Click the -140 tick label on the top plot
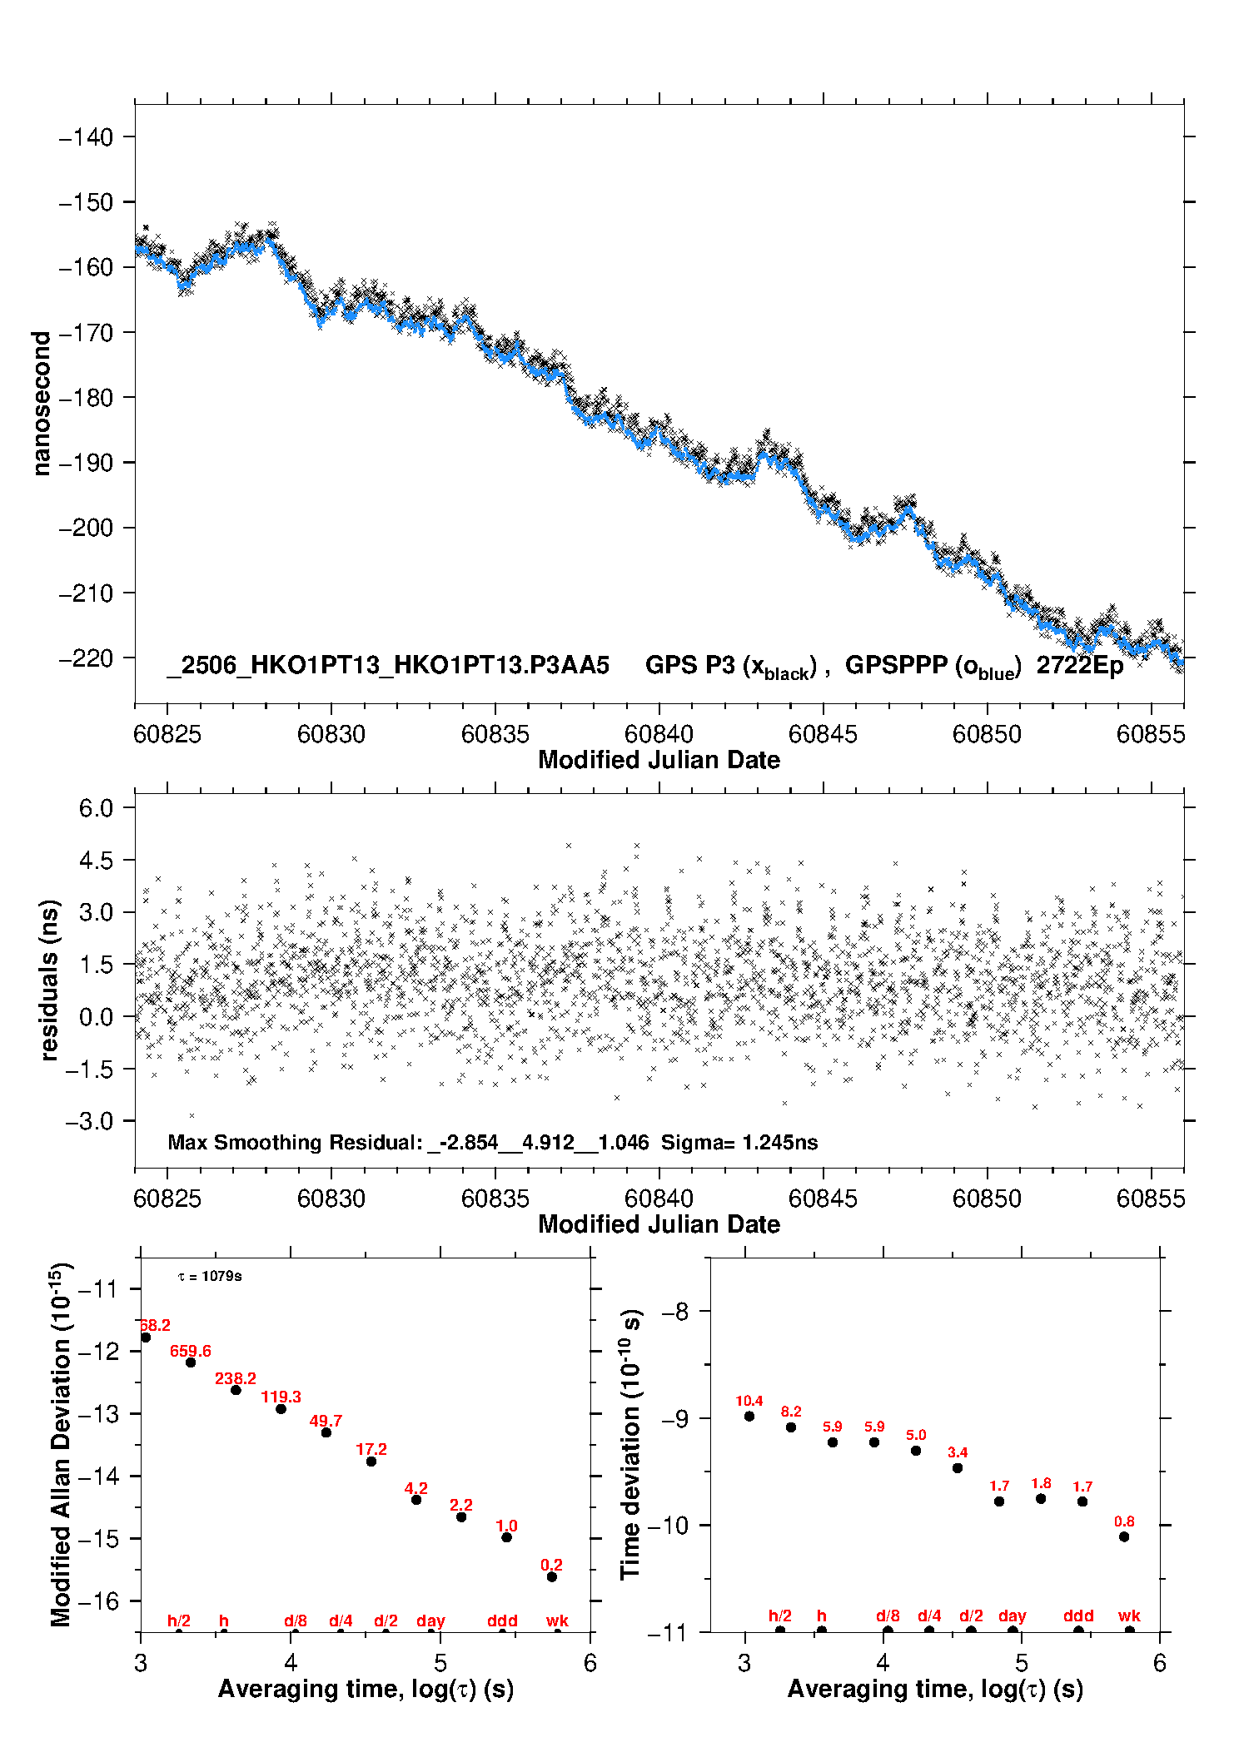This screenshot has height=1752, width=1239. coord(86,136)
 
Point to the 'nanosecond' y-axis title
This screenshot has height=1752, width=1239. coord(41,403)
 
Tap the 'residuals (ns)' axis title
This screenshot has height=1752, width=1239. coord(49,980)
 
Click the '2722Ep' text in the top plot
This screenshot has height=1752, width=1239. coord(1080,665)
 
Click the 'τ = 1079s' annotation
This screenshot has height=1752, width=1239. coord(210,1276)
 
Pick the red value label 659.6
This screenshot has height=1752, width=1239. coord(191,1351)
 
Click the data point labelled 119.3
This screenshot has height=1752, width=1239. coord(281,1408)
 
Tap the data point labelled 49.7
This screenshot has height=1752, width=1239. coord(326,1432)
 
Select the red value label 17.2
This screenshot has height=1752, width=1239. coord(371,1449)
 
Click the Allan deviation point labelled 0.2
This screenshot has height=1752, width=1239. coord(552,1576)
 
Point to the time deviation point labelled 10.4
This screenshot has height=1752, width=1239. coord(749,1416)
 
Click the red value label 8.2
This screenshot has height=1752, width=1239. coord(791,1412)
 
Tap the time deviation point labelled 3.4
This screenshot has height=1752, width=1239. coord(958,1468)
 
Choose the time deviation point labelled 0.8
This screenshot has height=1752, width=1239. coord(1124,1536)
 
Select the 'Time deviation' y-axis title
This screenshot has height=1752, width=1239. coord(631,1444)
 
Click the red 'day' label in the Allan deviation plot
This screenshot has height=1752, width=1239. coord(430,1620)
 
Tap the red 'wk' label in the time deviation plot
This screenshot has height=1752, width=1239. coord(1129,1616)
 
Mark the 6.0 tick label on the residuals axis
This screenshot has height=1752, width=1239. coord(96,807)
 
